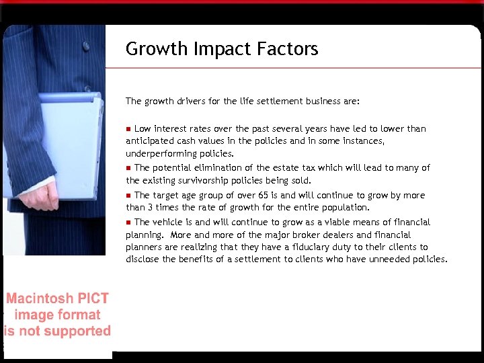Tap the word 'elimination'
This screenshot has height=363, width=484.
point(220,167)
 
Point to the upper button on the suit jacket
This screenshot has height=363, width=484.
point(86,46)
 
